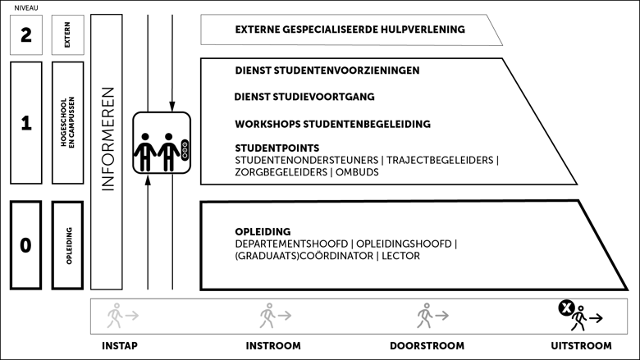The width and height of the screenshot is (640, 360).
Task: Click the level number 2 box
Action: point(26,35)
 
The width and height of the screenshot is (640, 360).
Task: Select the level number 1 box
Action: point(26,123)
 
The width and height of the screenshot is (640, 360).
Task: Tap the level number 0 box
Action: point(25,245)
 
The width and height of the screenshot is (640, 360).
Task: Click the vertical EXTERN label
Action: point(67,35)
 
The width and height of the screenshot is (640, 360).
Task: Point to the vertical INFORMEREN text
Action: point(107,139)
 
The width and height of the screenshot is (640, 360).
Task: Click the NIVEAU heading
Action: point(26,7)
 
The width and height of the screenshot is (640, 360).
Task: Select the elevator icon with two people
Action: point(162,143)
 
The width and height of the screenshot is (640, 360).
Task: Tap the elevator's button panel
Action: point(185,150)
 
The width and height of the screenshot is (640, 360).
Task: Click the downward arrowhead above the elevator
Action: point(172,107)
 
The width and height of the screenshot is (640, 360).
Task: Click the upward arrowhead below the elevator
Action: point(148,180)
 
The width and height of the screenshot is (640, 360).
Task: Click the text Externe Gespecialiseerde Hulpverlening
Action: point(350,30)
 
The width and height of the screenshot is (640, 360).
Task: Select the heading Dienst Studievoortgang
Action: point(304,97)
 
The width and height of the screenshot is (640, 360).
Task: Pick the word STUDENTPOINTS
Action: point(277,148)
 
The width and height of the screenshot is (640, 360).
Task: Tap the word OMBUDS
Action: point(357,172)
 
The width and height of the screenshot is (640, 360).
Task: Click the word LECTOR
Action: point(400,256)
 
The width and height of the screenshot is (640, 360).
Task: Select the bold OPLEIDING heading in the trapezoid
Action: point(263,231)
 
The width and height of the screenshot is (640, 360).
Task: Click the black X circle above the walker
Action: point(566,308)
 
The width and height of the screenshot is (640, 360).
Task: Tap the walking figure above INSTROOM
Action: point(267,316)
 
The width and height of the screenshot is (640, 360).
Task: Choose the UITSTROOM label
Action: point(581,346)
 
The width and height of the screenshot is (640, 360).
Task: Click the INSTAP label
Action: point(120,346)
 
